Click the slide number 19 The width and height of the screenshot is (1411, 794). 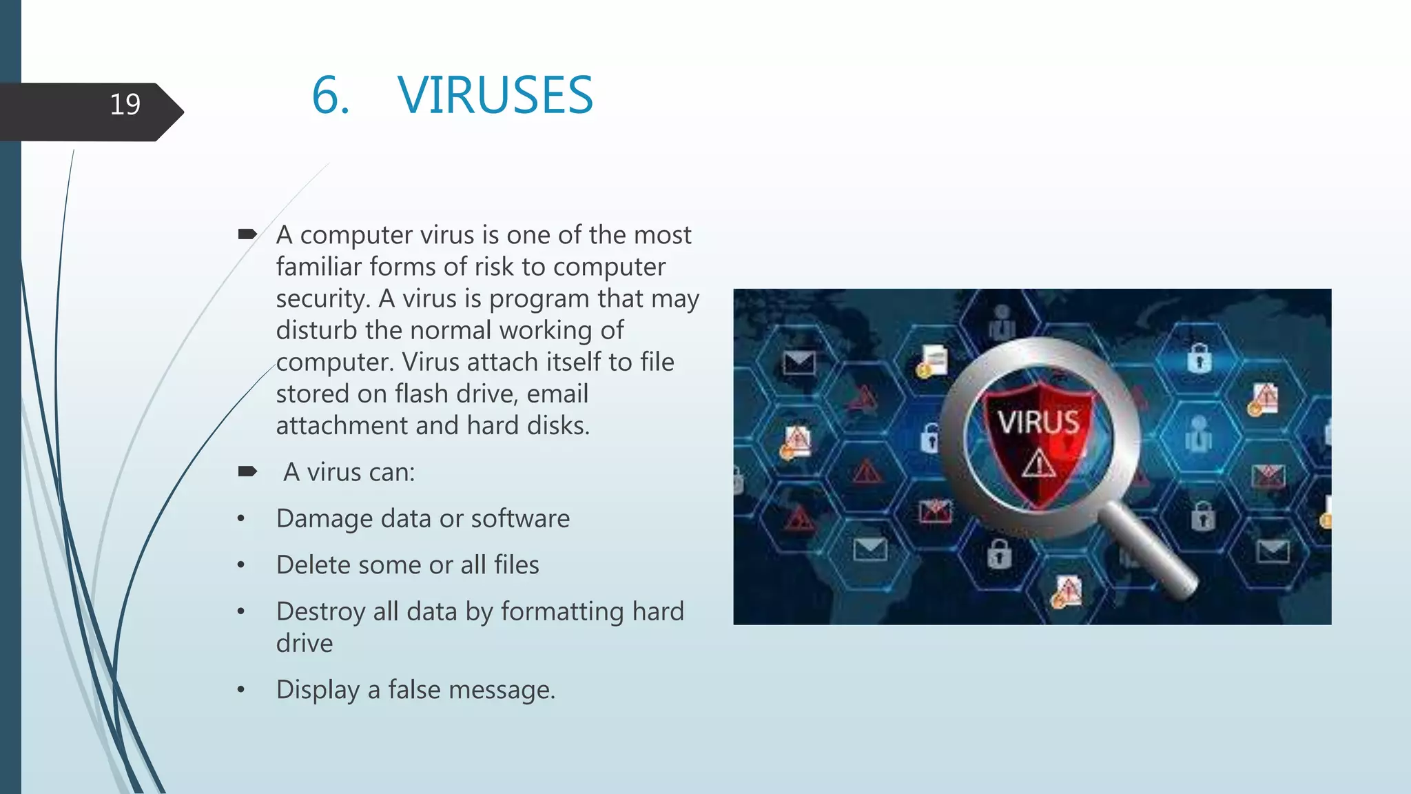125,104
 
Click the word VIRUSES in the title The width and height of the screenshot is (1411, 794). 495,95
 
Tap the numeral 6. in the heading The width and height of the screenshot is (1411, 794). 331,95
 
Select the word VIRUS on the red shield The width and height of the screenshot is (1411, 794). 1038,422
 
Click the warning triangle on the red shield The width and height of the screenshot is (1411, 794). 1038,463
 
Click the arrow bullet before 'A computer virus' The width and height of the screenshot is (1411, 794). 247,234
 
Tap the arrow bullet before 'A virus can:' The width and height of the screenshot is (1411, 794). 247,471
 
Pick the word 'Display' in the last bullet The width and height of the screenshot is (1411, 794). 318,690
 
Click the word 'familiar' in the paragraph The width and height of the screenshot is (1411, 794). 318,267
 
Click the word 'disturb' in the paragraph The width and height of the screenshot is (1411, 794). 316,330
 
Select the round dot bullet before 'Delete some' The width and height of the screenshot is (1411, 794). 240,565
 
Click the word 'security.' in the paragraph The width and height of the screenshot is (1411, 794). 323,299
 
